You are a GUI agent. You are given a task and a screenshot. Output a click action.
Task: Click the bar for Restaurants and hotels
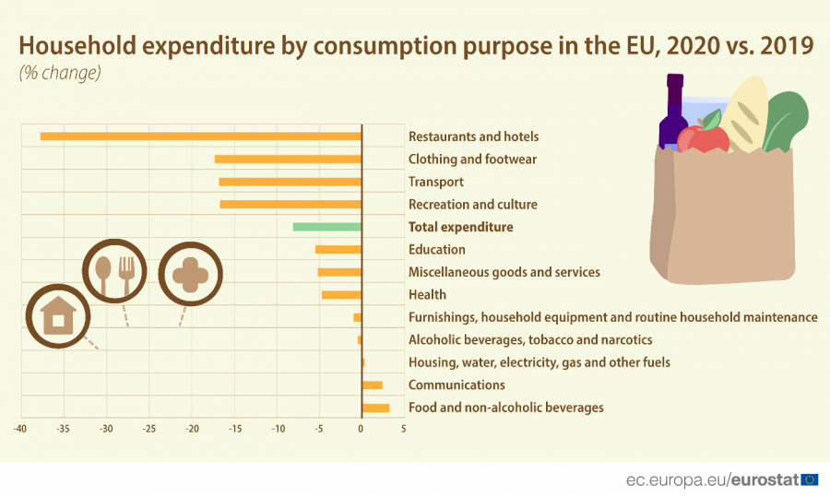coord(200,136)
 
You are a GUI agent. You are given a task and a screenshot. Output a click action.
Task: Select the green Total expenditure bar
coord(326,227)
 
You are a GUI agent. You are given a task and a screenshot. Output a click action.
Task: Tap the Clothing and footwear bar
coord(288,160)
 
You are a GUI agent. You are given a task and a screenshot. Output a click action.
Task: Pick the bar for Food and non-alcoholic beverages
coord(375,408)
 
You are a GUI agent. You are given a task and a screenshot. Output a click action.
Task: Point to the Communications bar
coord(372,385)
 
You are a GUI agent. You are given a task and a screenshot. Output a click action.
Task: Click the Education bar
coord(338,250)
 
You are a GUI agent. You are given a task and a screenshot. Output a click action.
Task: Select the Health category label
coord(427,295)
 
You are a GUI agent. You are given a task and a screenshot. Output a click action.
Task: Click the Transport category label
coord(436,183)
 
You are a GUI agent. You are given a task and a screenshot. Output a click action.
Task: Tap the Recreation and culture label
coord(472,205)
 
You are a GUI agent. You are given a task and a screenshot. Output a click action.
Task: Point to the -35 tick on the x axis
coord(63,429)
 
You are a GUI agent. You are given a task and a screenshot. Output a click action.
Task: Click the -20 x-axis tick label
coord(192,429)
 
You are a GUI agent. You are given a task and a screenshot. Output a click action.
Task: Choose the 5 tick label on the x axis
coord(404,429)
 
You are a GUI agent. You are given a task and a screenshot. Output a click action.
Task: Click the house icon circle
coord(58,316)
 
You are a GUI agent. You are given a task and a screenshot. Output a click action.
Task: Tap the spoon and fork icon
coord(114,271)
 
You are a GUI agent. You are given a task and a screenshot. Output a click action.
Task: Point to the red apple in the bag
coord(703,138)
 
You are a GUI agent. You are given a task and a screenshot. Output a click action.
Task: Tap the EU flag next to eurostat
coord(810,479)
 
